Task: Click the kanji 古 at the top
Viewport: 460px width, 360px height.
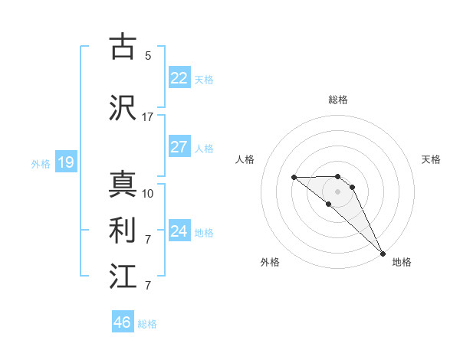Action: coord(123,47)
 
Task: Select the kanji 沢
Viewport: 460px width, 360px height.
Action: coord(123,109)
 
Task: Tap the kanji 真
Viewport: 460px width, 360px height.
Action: coord(123,185)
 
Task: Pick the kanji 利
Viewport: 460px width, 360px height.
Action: coord(123,230)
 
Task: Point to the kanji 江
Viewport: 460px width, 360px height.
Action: coord(123,276)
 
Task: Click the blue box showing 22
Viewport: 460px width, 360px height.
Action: coord(179,78)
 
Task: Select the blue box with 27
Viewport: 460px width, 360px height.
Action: coord(179,147)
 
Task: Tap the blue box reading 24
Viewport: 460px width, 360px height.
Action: coord(179,231)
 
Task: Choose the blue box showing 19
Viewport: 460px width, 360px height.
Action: coord(65,162)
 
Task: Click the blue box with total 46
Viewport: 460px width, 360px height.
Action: coord(123,322)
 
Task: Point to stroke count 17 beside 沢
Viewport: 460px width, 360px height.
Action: coord(147,117)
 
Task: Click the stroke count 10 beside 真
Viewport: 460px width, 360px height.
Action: coord(147,194)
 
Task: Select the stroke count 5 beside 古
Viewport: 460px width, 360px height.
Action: coord(147,56)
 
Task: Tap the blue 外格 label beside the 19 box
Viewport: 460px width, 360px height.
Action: coord(41,163)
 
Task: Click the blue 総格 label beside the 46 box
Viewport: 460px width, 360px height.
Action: coord(147,323)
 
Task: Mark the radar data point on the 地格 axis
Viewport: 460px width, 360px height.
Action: coord(383,253)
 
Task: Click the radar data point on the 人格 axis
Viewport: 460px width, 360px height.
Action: coord(294,178)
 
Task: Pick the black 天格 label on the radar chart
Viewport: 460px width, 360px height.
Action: coord(432,159)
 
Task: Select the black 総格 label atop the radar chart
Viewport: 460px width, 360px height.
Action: coord(337,100)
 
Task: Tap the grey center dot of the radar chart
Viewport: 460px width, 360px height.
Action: coord(337,191)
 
